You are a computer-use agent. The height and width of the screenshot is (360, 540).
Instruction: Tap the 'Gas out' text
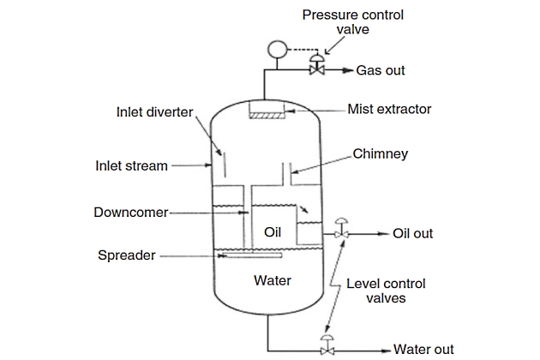(x=381, y=70)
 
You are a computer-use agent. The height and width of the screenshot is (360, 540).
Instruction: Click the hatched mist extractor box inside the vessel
(x=269, y=112)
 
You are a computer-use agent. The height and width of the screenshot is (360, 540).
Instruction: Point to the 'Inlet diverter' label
(x=153, y=111)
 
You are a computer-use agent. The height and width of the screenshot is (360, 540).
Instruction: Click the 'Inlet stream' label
(x=131, y=165)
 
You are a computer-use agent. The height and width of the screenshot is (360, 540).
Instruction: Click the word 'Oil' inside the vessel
(x=272, y=232)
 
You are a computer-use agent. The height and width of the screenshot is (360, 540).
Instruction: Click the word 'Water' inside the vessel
(x=273, y=280)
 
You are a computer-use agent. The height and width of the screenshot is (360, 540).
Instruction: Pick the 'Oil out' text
(x=413, y=233)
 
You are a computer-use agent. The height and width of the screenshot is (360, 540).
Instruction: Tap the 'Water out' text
(x=423, y=350)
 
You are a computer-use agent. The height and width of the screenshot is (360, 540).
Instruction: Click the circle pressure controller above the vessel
(x=276, y=49)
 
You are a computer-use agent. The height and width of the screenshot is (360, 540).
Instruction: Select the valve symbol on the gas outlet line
(x=316, y=66)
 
